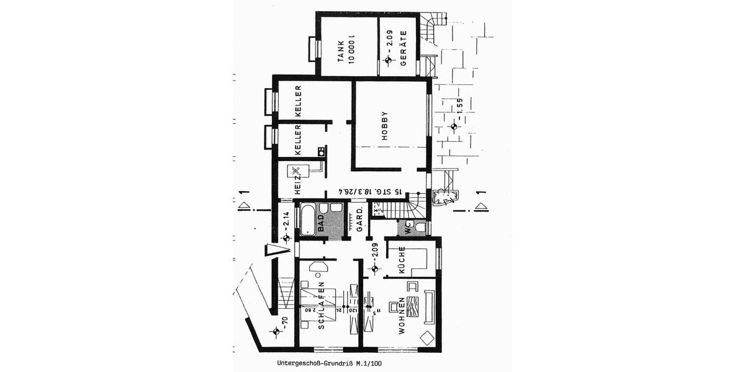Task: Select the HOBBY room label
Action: coord(385,125)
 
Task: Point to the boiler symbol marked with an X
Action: coord(297,170)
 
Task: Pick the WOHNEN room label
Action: coord(403,316)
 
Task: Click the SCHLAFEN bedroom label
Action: coord(322,308)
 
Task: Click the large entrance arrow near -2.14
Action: coord(277,250)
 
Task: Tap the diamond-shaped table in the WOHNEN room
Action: coord(427,339)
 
